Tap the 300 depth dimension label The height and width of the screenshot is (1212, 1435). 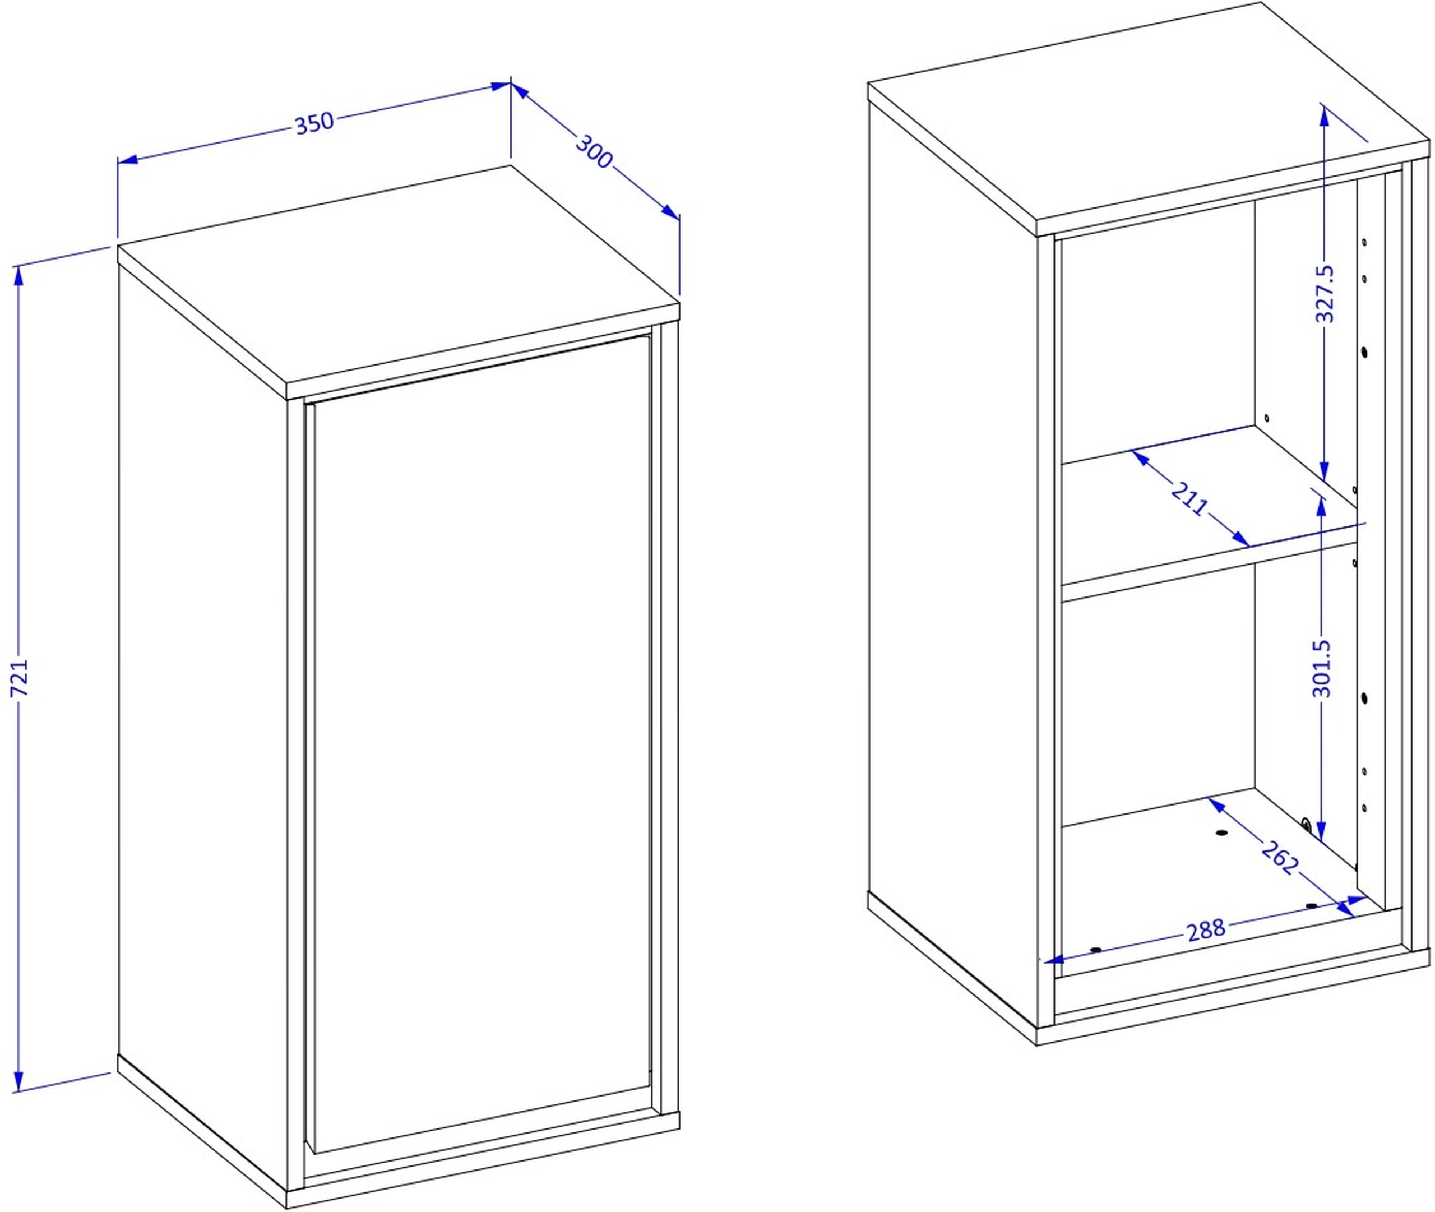594,152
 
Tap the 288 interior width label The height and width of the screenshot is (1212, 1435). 1206,929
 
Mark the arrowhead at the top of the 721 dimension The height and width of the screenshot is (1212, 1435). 18,275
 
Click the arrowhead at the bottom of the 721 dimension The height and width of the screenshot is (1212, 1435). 18,1081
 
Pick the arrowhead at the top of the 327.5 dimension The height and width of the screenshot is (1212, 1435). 1323,115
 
